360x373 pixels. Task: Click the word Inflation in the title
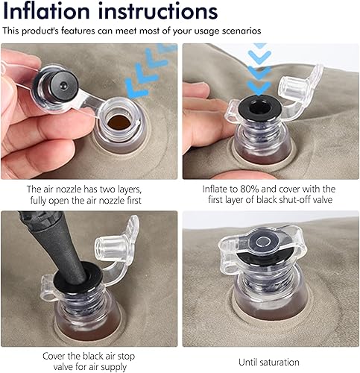46,11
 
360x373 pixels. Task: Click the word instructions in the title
158,11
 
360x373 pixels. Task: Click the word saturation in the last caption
279,362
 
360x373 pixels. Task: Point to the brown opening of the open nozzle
119,122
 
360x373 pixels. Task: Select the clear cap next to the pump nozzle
113,248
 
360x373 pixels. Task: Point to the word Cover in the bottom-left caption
54,357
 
